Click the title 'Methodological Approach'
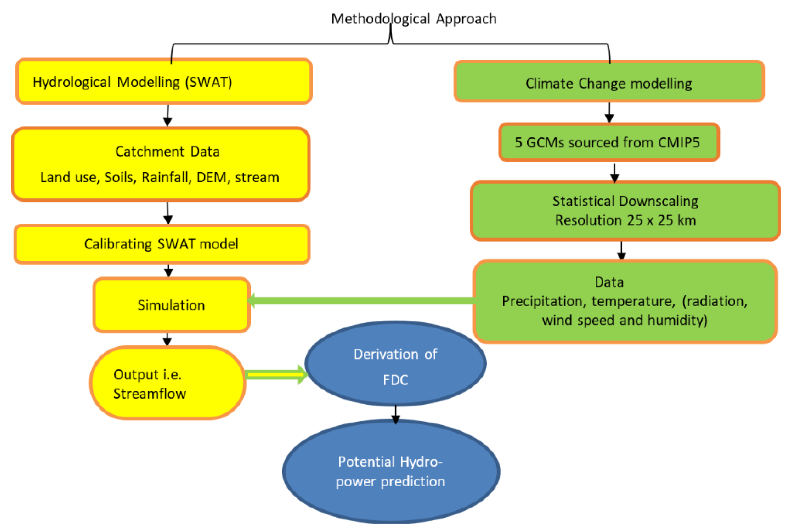tap(414, 19)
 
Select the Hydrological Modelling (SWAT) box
tap(164, 81)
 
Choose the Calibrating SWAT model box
tap(162, 244)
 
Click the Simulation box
tap(171, 305)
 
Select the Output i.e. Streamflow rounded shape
tap(167, 383)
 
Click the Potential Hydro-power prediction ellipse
tap(391, 471)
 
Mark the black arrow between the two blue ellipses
tap(396, 414)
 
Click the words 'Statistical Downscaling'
tap(625, 201)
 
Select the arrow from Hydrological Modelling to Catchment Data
tap(167, 116)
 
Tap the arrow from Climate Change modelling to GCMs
tap(609, 113)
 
